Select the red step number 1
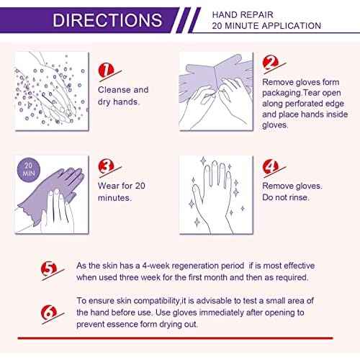click(106, 70)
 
